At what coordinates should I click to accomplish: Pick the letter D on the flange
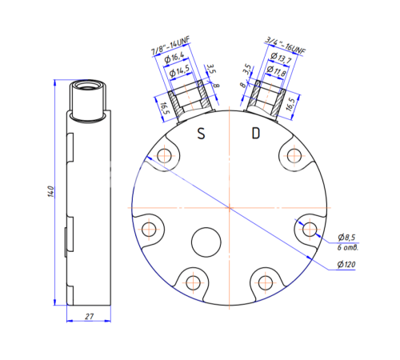click(255, 133)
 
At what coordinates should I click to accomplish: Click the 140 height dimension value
click(50, 192)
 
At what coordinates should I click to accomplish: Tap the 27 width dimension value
click(89, 318)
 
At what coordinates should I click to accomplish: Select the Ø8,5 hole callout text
click(347, 238)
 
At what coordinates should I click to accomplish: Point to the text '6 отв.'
click(348, 247)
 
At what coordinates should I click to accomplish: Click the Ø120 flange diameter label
click(347, 265)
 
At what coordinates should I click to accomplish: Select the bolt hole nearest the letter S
click(166, 155)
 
